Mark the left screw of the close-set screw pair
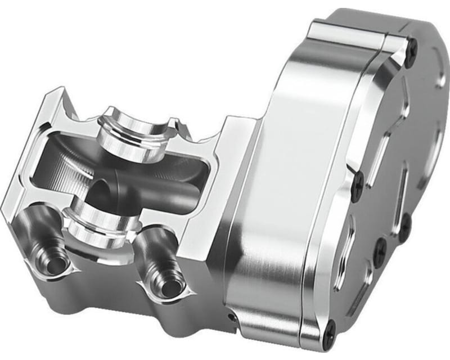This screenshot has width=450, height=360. click(381, 247)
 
